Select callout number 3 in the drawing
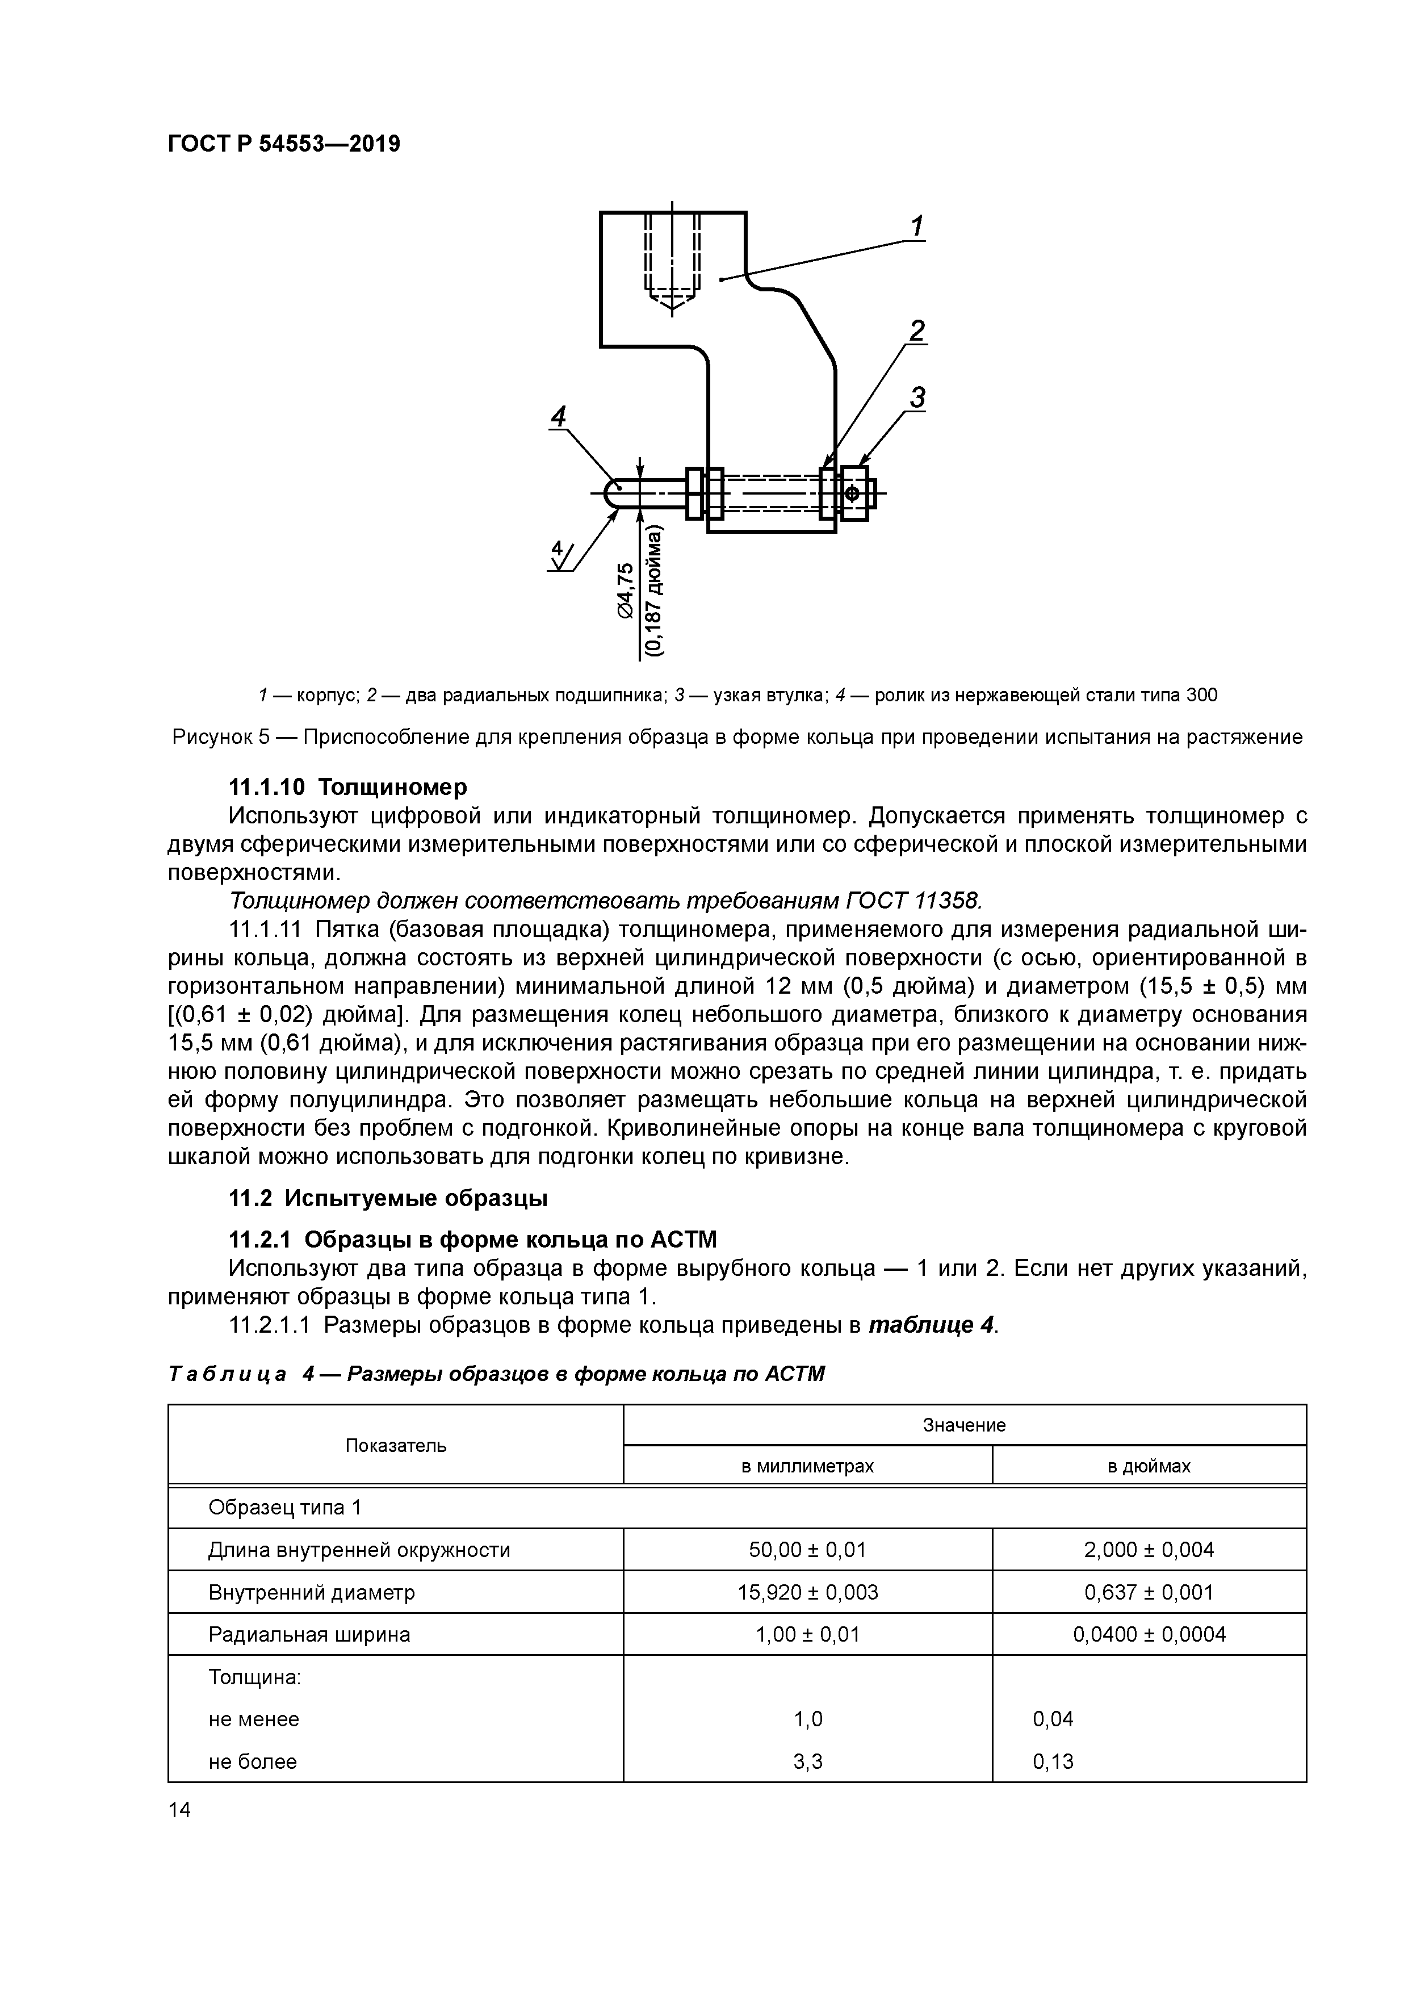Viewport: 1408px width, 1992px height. tap(916, 397)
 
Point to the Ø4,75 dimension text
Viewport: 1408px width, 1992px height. tap(625, 590)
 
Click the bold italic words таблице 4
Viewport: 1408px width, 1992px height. tap(930, 1325)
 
